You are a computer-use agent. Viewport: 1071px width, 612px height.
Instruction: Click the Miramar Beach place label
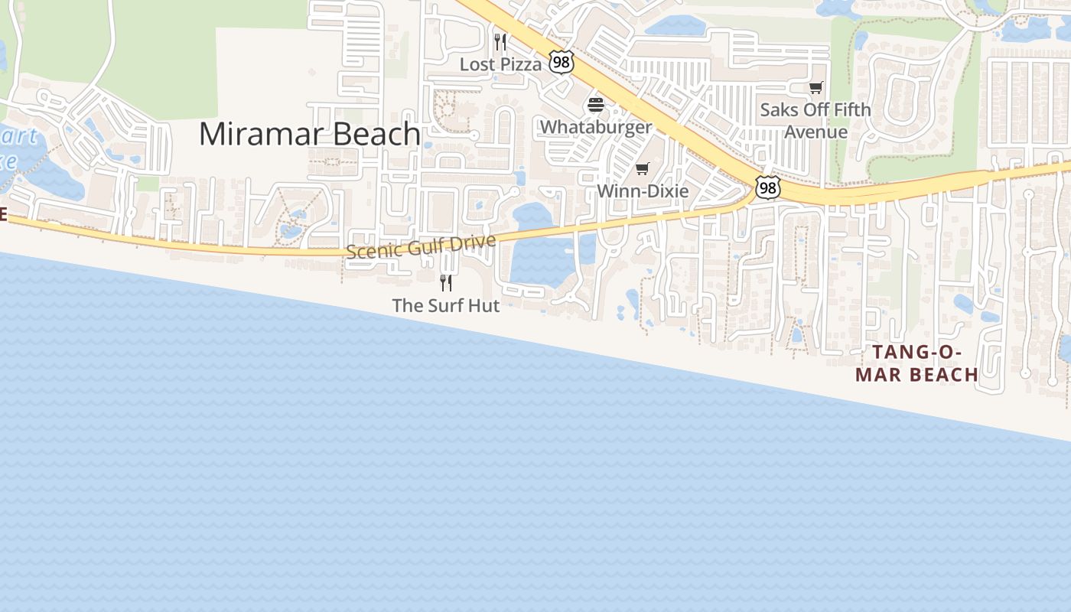click(309, 134)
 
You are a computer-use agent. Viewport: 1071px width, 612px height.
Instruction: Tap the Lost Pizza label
click(500, 64)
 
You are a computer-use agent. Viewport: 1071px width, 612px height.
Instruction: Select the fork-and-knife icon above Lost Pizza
click(500, 41)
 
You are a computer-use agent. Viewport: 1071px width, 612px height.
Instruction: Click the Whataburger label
click(596, 127)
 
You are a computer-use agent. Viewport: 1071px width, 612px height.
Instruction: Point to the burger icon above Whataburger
click(596, 105)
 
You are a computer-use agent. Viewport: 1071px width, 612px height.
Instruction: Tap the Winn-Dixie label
click(643, 190)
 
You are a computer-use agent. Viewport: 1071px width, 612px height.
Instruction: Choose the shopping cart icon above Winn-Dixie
click(643, 168)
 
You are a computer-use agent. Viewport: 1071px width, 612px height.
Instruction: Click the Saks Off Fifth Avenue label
click(815, 120)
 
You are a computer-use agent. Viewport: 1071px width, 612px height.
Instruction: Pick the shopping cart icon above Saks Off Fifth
click(816, 88)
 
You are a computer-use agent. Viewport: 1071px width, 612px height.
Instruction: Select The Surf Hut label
click(445, 305)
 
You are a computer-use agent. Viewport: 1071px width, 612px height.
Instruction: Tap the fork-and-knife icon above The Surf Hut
click(446, 283)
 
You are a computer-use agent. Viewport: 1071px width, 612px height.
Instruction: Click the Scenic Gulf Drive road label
click(421, 247)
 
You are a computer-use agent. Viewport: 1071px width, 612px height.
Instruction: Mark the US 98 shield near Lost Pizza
click(561, 63)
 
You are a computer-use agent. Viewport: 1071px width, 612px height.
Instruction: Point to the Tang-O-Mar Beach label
click(916, 363)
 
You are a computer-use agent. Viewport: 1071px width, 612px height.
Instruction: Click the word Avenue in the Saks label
click(815, 132)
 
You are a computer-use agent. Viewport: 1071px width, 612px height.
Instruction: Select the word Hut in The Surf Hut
click(483, 305)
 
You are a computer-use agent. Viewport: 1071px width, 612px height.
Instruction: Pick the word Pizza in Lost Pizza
click(521, 64)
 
